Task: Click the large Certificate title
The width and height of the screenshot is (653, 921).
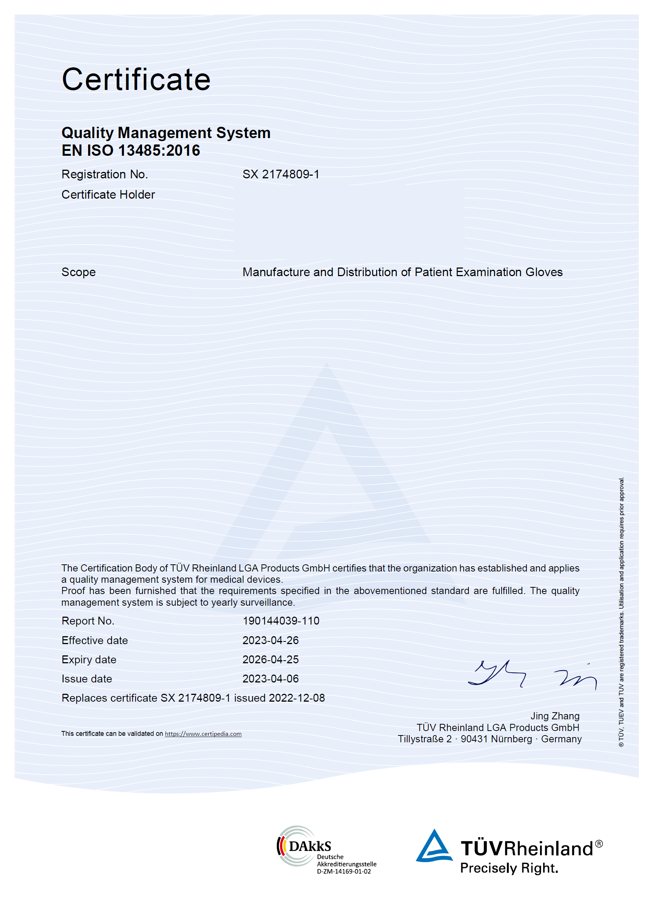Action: [x=136, y=79]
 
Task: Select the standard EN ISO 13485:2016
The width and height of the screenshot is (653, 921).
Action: [x=131, y=150]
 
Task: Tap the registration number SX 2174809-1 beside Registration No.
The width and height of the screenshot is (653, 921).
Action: [x=281, y=174]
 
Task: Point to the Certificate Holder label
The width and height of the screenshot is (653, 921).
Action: [x=108, y=195]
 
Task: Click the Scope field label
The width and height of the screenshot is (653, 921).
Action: [x=78, y=272]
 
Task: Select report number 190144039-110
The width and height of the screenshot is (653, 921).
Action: [x=281, y=621]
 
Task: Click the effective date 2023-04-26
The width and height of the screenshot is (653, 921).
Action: [x=270, y=640]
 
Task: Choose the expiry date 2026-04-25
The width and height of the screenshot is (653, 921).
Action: [x=270, y=660]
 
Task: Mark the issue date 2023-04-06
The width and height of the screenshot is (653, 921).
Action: [x=270, y=679]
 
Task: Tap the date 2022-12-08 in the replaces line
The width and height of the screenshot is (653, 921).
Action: [x=297, y=698]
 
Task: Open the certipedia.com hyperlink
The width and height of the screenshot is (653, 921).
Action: [x=203, y=734]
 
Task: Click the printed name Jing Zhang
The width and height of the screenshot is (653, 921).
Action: [x=555, y=716]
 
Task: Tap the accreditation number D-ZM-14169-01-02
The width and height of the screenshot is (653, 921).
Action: [x=344, y=872]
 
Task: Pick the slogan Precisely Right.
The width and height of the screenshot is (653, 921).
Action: [x=509, y=868]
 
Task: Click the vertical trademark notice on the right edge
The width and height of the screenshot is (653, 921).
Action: [x=622, y=611]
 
